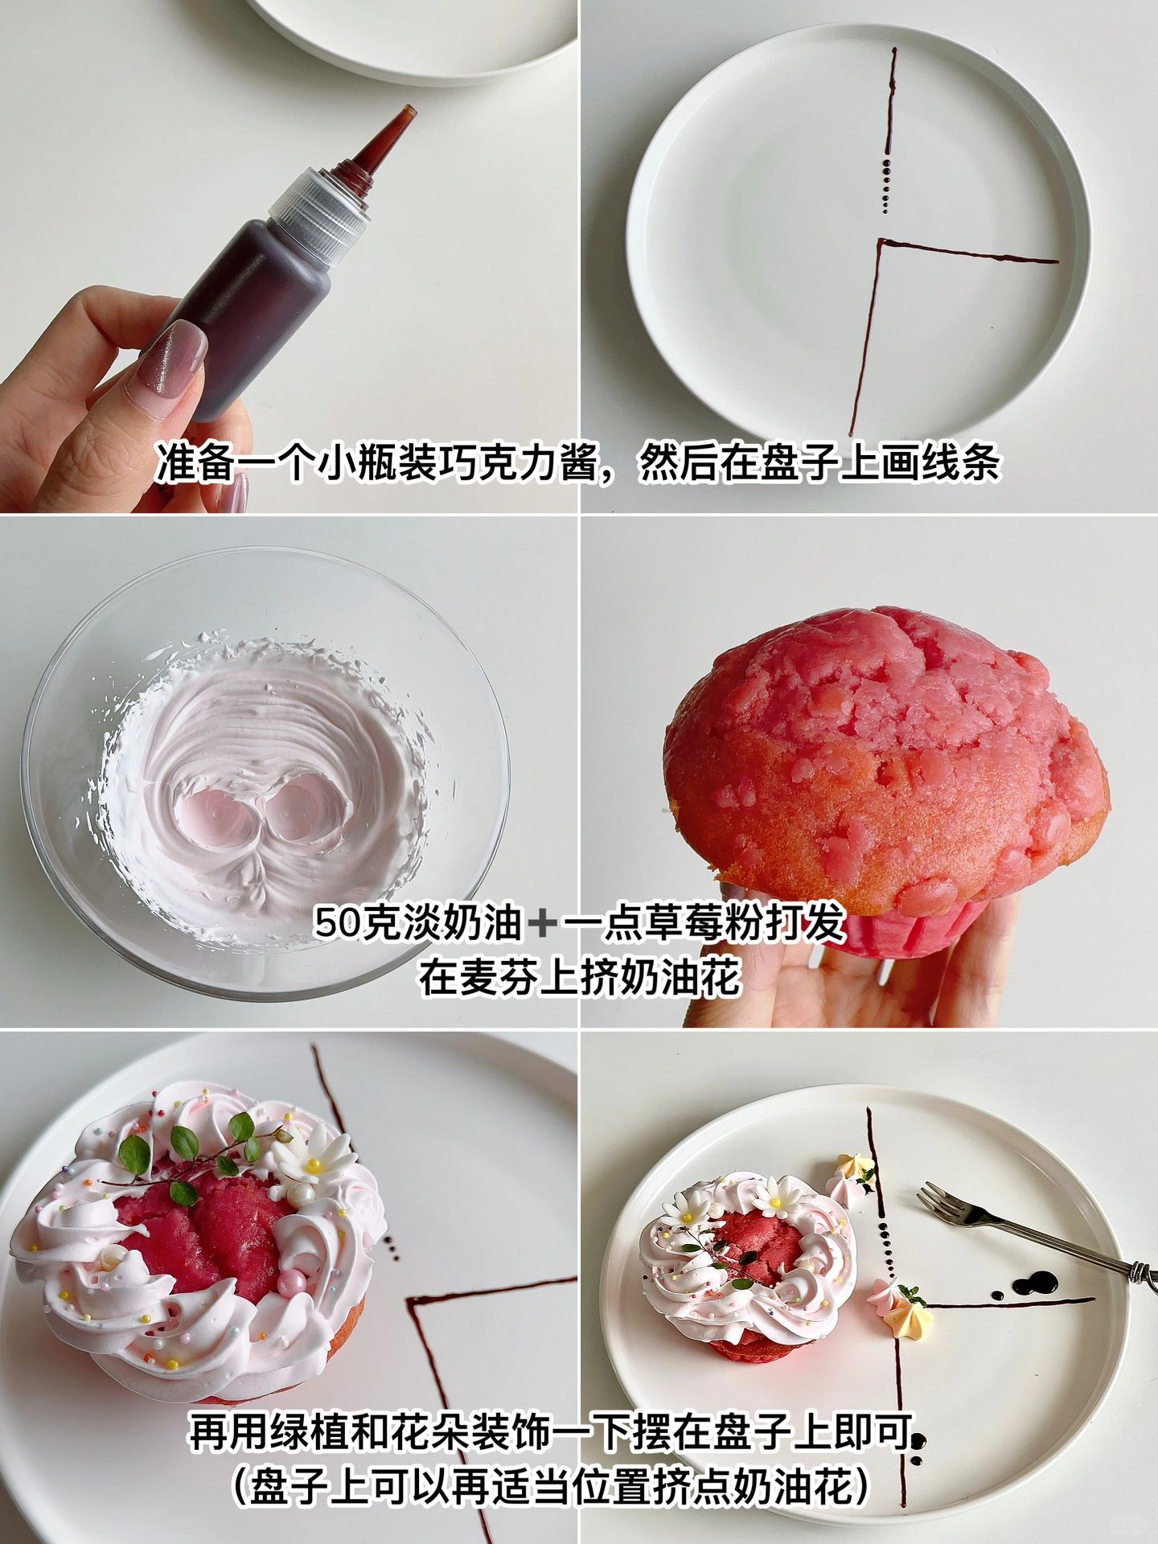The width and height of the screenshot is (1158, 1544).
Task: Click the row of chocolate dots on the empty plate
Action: click(887, 186)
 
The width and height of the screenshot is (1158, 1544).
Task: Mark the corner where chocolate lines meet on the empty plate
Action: click(880, 241)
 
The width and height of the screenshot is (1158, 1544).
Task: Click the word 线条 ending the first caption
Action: click(961, 463)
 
